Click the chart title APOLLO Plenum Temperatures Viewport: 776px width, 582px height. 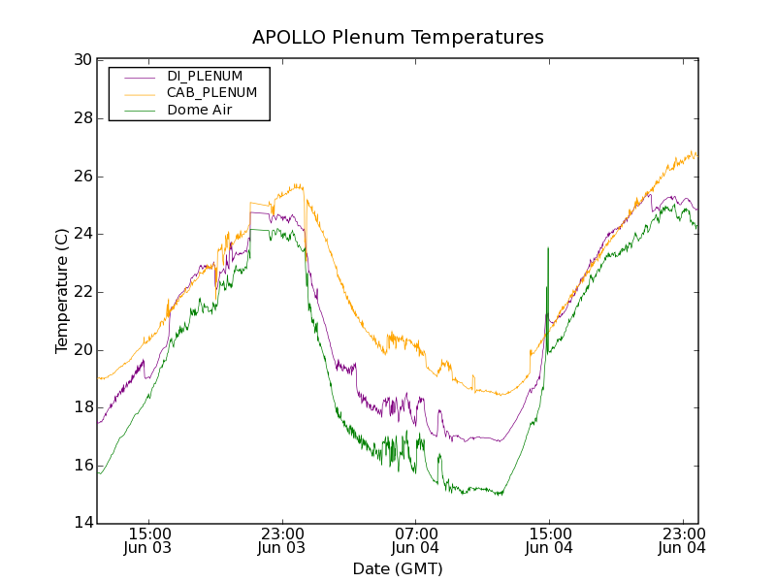[398, 38]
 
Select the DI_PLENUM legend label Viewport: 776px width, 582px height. [205, 76]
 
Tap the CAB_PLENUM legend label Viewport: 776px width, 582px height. [211, 93]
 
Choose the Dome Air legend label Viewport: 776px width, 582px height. [200, 110]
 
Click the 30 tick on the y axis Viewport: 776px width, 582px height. [82, 60]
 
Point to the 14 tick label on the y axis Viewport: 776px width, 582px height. [82, 524]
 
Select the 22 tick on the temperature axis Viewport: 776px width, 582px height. [82, 292]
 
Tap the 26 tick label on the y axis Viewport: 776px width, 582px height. [82, 177]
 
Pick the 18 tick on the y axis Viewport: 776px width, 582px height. [82, 407]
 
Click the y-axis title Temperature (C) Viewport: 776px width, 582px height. [62, 291]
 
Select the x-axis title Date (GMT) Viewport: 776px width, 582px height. [398, 568]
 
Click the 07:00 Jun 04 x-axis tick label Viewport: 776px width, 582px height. [415, 540]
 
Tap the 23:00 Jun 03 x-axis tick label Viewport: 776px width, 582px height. [281, 540]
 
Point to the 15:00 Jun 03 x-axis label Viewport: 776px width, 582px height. [148, 540]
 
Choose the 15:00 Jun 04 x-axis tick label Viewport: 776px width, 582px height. [549, 540]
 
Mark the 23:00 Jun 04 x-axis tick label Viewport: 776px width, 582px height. [682, 540]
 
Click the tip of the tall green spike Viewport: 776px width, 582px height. [548, 248]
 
